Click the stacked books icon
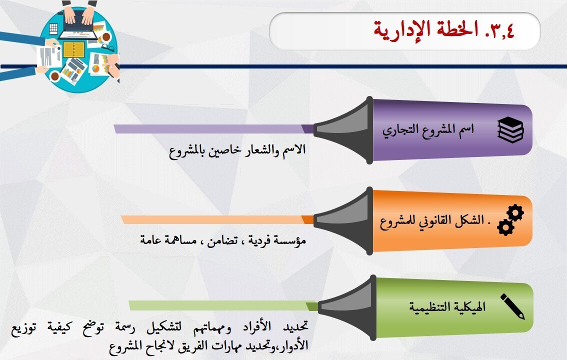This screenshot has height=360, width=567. [x=510, y=130]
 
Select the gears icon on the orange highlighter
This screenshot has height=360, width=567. [x=510, y=220]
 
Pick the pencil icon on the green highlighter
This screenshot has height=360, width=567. [x=512, y=306]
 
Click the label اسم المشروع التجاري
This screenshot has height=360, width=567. [x=428, y=130]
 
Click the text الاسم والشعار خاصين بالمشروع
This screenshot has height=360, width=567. [x=237, y=150]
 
